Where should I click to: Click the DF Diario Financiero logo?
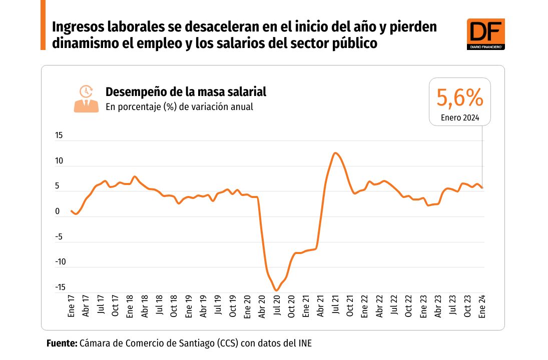(485, 34)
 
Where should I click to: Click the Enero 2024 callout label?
(460, 118)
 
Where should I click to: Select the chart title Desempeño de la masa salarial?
(186, 92)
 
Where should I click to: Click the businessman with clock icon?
(86, 98)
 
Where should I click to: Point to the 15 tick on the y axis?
(59, 135)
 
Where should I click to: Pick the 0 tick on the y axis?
(58, 211)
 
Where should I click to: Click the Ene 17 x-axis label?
(71, 305)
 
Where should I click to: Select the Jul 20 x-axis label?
(276, 305)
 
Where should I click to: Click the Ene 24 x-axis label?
(482, 305)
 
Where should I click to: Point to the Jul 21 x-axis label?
(335, 305)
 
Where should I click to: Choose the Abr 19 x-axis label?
(203, 305)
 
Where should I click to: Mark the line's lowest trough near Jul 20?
(276, 290)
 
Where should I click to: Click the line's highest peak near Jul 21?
(335, 153)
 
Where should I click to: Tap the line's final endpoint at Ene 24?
(482, 188)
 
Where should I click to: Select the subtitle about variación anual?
(179, 106)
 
